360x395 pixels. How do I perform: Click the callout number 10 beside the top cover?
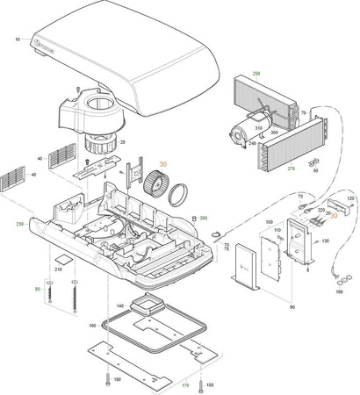point(18,40)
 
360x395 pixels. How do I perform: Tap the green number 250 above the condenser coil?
point(256,74)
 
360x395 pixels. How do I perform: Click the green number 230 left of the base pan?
point(20,224)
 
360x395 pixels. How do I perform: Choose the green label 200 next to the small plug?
point(204,218)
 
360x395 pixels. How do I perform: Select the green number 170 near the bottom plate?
point(185,385)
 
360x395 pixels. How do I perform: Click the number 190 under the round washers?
point(340,291)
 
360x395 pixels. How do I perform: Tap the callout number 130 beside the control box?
point(325,241)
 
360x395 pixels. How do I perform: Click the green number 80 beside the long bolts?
point(38,288)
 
